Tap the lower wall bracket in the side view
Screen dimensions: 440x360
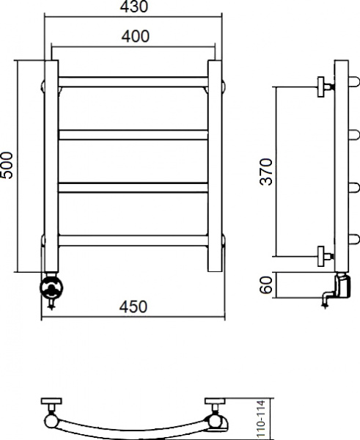pyautogui.click(x=323, y=255)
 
